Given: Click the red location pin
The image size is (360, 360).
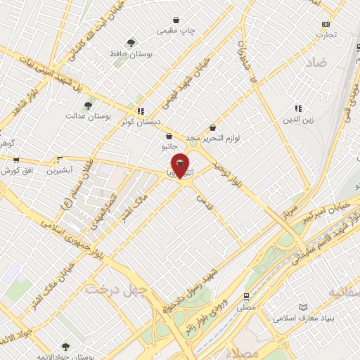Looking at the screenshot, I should pyautogui.click(x=181, y=165).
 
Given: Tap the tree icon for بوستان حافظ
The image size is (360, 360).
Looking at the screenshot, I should pyautogui.click(x=129, y=43).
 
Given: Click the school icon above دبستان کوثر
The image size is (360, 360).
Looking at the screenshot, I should pyautogui.click(x=141, y=110).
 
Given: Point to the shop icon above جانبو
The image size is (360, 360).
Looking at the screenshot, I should pyautogui.click(x=169, y=136).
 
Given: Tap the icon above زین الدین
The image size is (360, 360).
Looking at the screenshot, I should pyautogui.click(x=298, y=108).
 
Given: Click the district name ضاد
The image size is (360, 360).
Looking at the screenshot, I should pyautogui.click(x=316, y=63).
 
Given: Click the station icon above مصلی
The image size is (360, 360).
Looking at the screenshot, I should pyautogui.click(x=246, y=296).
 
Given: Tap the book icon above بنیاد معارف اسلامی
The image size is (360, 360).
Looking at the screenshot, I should pyautogui.click(x=303, y=308).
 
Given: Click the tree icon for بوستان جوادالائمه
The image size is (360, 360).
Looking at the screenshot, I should pyautogui.click(x=65, y=346).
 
